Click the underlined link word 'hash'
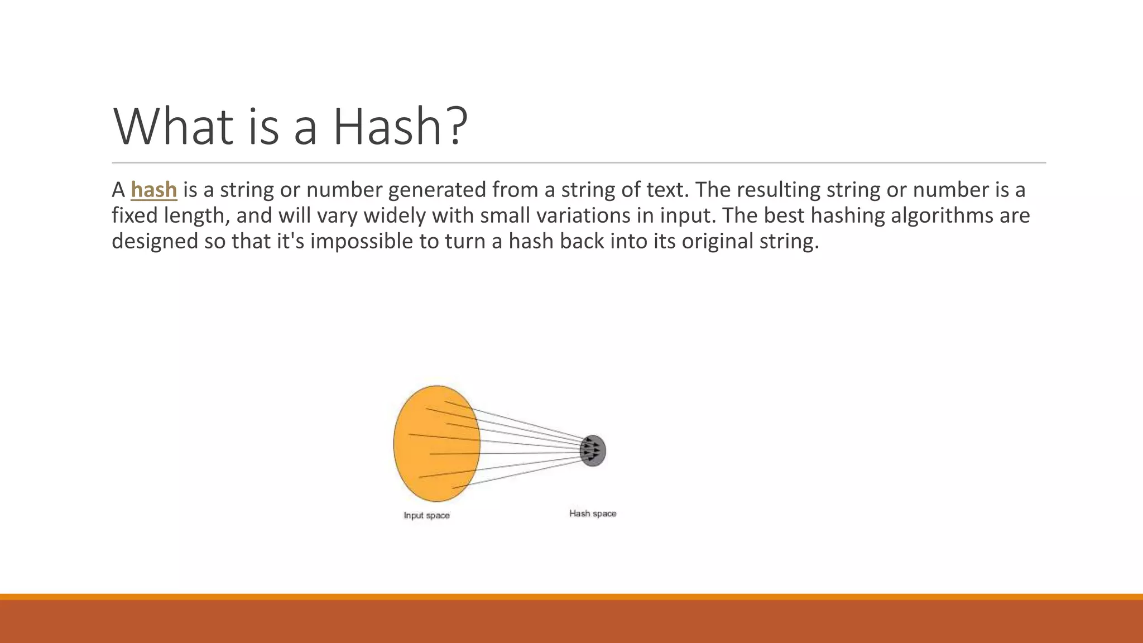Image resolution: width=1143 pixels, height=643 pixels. (153, 190)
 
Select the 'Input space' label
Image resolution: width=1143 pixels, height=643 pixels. (426, 515)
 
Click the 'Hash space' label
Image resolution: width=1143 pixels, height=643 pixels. (593, 514)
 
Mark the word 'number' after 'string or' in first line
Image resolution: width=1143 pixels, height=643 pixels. (344, 190)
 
